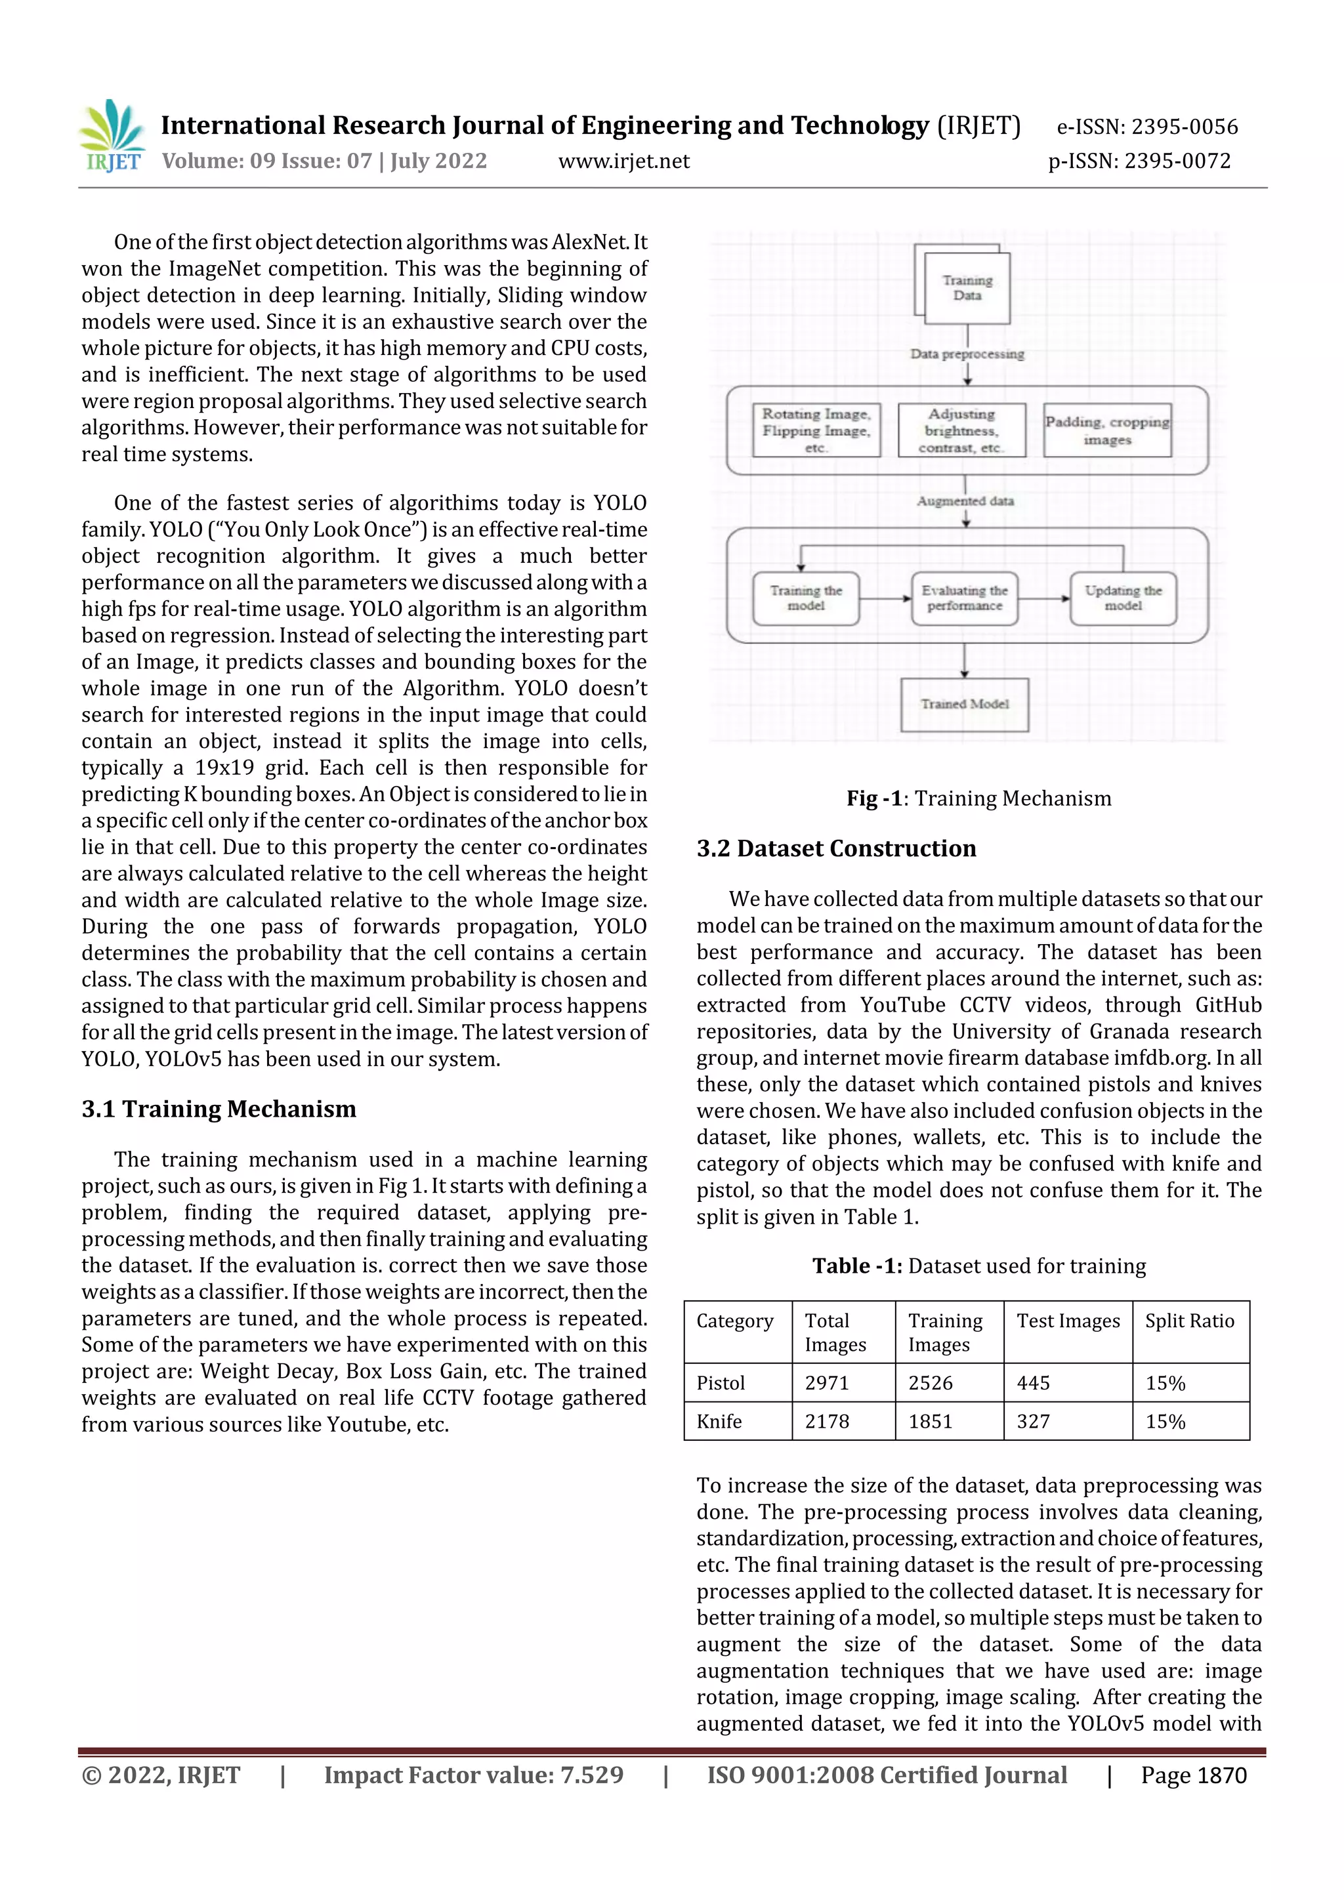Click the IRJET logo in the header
pos(112,136)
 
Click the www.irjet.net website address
pos(623,161)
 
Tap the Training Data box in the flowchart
pos(967,288)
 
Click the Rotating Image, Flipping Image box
pos(815,430)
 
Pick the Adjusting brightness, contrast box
pos(961,430)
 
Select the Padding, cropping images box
pos(1107,430)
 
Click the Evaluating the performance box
pos(964,598)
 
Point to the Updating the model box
pos(1123,598)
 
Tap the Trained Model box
pos(964,704)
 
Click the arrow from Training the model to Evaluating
pos(885,598)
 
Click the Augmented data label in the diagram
pos(965,501)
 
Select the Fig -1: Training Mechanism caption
pos(978,798)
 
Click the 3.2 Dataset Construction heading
pos(836,848)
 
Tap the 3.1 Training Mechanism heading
pos(219,1109)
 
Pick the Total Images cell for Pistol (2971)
pos(827,1383)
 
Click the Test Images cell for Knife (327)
pos(1033,1422)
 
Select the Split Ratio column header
pos(1189,1321)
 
